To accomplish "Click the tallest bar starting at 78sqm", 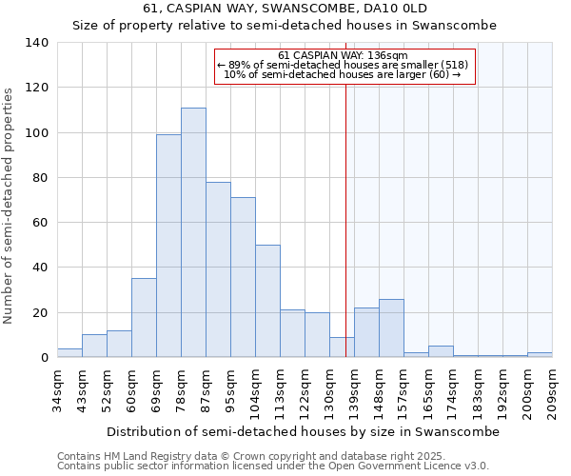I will click(x=193, y=232).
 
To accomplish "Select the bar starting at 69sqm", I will click(x=168, y=246).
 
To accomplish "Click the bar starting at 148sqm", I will click(x=391, y=328).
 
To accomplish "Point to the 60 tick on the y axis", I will click(x=41, y=223).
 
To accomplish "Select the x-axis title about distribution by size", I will click(x=303, y=431).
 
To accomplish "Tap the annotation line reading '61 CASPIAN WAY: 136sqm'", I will click(x=344, y=55).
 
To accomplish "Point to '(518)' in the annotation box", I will click(x=455, y=65).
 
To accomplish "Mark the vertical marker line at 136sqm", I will click(x=345, y=219).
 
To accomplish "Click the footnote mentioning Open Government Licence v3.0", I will click(x=272, y=466).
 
